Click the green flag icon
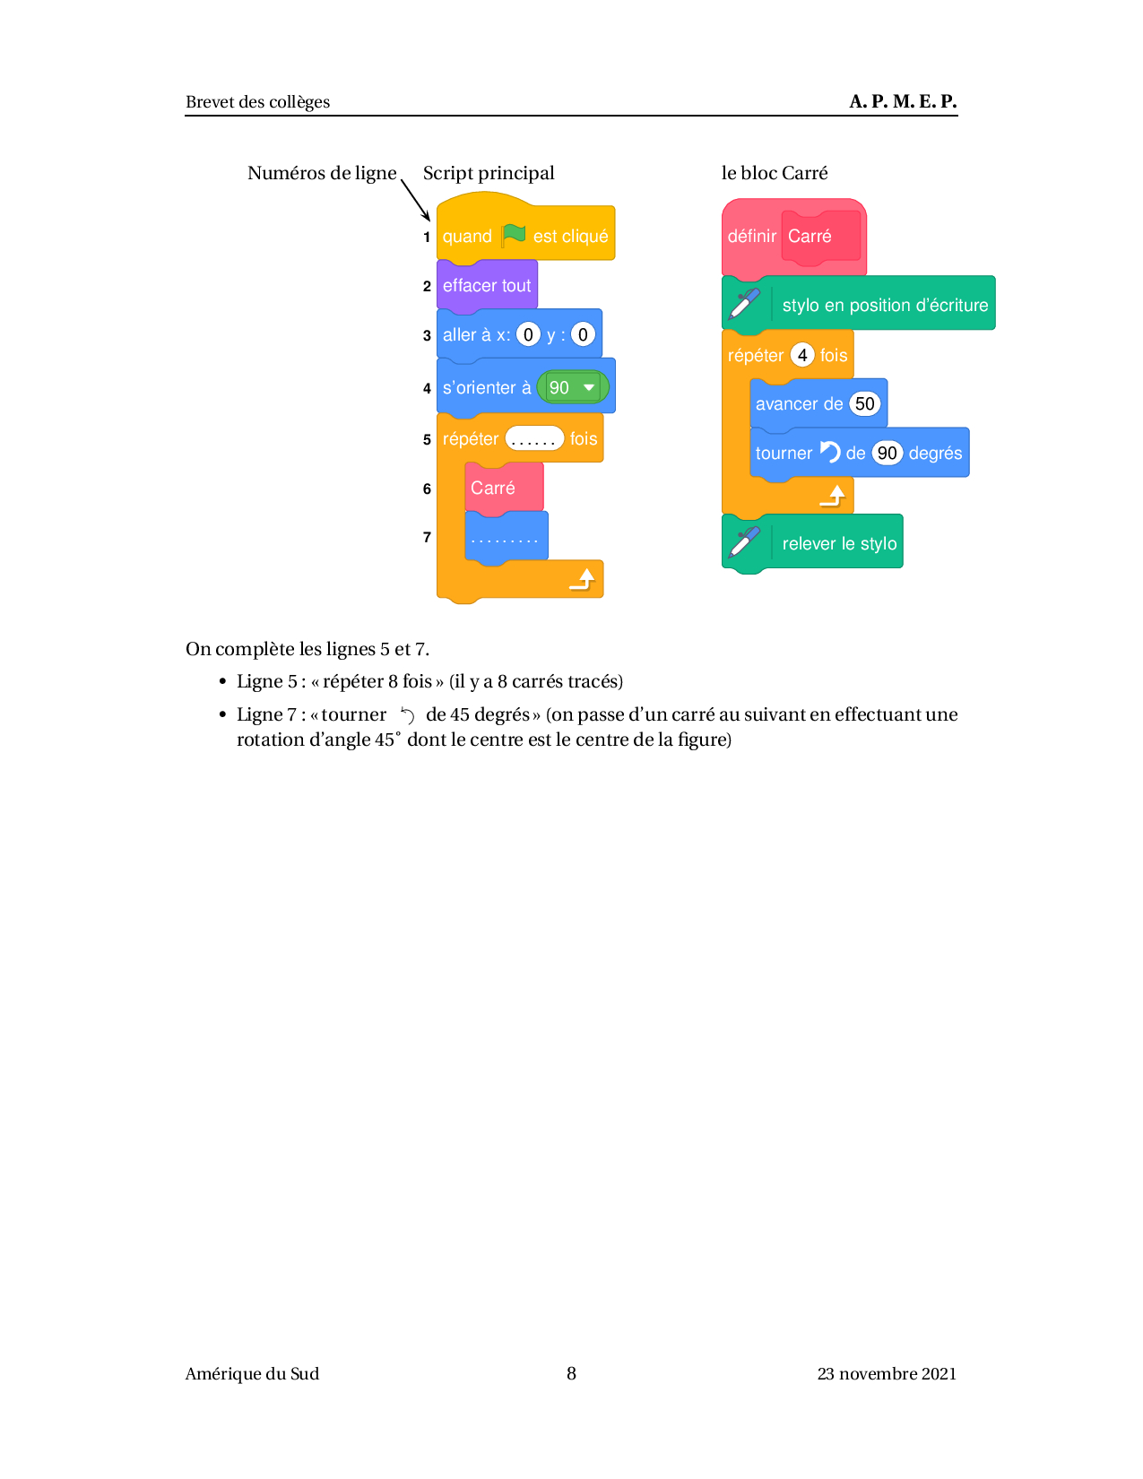coord(514,236)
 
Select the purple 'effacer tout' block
coord(487,286)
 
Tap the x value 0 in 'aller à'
coord(528,334)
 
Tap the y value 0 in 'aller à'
coord(583,334)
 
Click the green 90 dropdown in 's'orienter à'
coord(573,387)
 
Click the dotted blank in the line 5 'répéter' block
coord(533,438)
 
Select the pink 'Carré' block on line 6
coord(504,488)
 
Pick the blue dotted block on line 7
coord(506,538)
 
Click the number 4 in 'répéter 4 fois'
coord(802,355)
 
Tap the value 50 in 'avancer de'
coord(864,403)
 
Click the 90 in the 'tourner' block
coord(887,453)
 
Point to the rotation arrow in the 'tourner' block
coord(829,452)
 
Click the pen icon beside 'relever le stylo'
coord(744,542)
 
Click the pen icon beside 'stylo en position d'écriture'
coord(744,304)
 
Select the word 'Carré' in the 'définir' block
coord(810,236)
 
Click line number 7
coord(427,537)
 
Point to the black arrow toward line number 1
coord(415,200)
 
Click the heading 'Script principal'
coord(488,173)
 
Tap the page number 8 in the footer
coord(571,1373)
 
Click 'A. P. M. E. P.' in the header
coord(903,101)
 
